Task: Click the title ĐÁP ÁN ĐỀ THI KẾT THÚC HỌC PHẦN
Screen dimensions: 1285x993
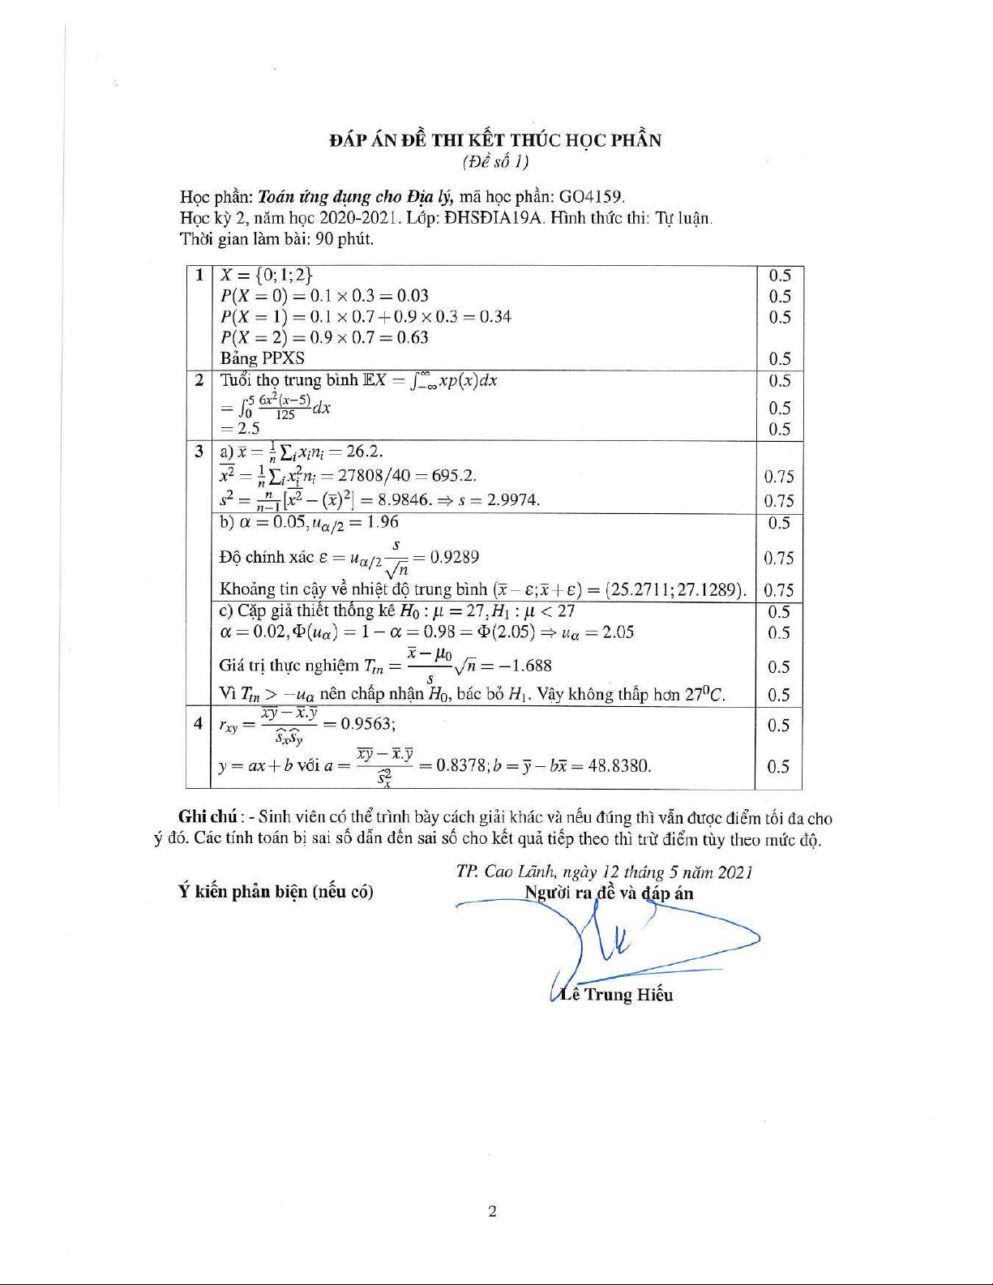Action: [x=495, y=140]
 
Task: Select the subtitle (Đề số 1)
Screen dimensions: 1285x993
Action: [x=495, y=162]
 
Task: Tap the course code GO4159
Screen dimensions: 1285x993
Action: [x=592, y=197]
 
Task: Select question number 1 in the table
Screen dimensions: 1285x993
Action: [x=199, y=275]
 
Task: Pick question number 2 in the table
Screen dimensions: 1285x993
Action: [x=199, y=379]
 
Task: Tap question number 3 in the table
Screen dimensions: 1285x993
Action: [x=199, y=451]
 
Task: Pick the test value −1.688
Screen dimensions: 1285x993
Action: [x=526, y=666]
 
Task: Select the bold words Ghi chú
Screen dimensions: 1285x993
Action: [x=208, y=818]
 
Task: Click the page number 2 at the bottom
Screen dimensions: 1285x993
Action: [x=493, y=1211]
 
